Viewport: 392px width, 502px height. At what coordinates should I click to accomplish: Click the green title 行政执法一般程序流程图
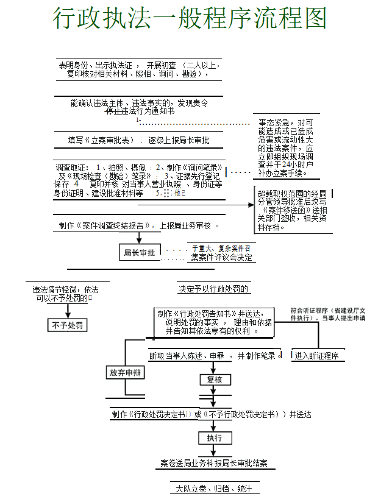coord(190,19)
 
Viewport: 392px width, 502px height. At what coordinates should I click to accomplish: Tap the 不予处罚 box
coord(68,325)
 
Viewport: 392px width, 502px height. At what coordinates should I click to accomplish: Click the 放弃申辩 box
coord(125,372)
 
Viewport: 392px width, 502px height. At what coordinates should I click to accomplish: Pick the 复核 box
coord(215,379)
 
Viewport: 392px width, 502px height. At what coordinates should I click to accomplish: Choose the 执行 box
coord(214,437)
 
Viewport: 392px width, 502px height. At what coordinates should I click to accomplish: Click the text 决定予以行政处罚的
coord(214,289)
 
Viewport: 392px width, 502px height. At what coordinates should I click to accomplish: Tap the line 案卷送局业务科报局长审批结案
coord(214,464)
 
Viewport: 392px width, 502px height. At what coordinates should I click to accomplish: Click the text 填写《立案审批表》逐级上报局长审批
coord(138,140)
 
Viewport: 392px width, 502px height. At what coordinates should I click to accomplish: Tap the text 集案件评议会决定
coord(221,257)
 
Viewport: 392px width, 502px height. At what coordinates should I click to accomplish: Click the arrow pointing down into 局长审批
coord(139,238)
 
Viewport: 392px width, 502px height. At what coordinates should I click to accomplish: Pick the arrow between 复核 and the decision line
coord(215,395)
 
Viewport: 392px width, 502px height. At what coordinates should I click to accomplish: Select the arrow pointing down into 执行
coord(214,425)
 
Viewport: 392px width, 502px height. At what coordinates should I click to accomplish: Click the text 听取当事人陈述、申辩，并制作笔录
coord(213,356)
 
